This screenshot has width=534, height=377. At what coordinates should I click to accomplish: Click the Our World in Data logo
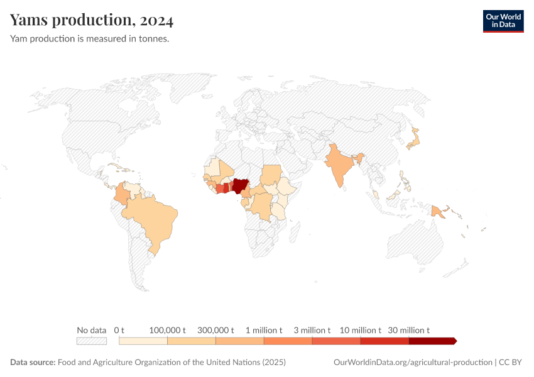point(503,20)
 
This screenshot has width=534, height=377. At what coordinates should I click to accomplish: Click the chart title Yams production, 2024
point(92,20)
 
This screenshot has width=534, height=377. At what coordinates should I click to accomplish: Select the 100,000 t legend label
point(167,330)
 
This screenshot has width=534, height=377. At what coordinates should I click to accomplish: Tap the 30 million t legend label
point(409,330)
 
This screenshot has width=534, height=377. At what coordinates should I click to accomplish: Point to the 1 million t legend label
point(264,330)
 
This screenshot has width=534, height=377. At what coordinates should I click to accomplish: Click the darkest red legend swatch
point(432,341)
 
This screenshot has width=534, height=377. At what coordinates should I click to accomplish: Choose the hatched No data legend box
point(92,341)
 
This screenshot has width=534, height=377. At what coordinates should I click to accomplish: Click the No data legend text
point(92,330)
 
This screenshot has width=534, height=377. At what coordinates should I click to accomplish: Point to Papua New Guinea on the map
point(439,211)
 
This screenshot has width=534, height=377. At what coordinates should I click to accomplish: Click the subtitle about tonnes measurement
point(89,38)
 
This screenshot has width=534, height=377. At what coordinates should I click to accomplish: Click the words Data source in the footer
point(33,363)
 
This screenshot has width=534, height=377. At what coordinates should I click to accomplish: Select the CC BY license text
point(511,363)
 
